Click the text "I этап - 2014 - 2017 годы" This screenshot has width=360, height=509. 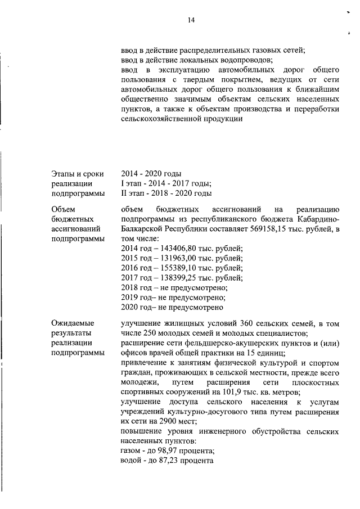(x=166, y=183)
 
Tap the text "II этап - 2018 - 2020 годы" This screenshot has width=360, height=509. (x=166, y=193)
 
